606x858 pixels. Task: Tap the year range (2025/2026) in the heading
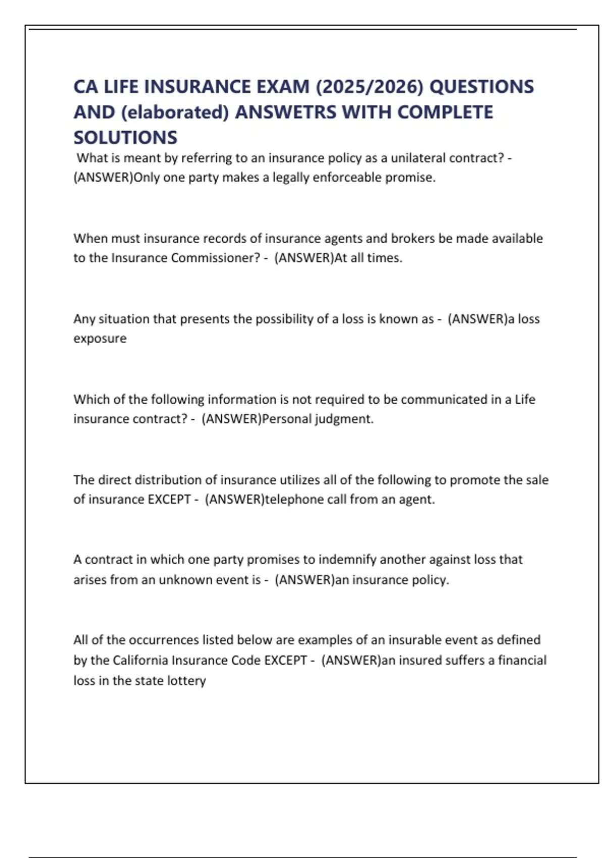pos(370,87)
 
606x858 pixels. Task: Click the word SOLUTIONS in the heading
pos(125,137)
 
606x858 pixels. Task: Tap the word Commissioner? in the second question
pos(215,258)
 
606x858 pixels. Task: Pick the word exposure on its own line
pos(100,338)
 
